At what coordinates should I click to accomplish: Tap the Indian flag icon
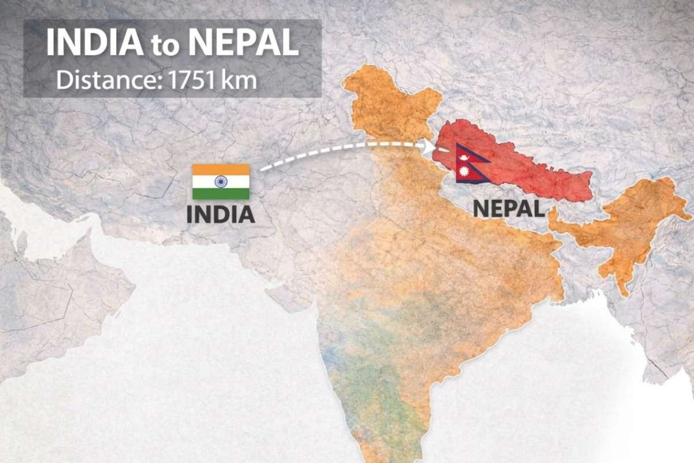pos(221,182)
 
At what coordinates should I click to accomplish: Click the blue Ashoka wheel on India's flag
pos(221,182)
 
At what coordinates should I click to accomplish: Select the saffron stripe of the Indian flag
pos(221,170)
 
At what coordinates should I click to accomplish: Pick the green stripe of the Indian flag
pos(221,194)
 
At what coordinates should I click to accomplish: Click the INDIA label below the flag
pos(220,215)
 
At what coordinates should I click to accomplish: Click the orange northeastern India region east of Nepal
pos(630,226)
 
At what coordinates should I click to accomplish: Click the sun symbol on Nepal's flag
pos(464,172)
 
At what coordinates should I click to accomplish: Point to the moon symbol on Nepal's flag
pos(464,155)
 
